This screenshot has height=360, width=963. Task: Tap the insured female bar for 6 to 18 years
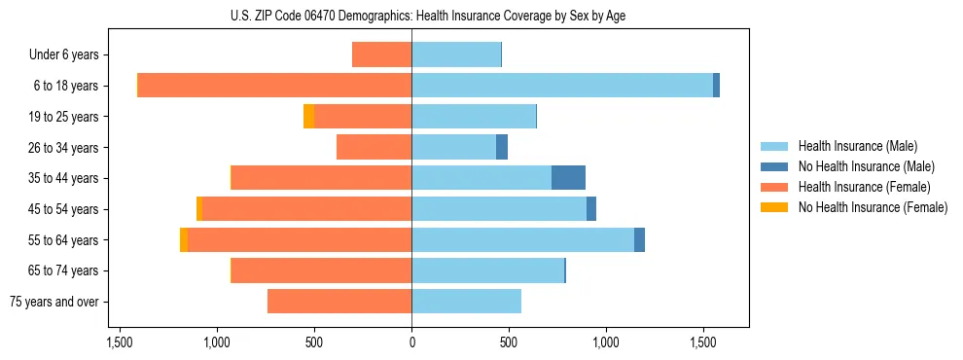[274, 86]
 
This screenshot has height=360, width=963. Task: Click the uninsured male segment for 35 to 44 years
[568, 178]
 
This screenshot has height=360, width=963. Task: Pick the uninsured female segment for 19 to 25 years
[308, 117]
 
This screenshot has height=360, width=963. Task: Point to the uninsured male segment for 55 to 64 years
[639, 239]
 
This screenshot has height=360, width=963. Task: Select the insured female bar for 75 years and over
[339, 302]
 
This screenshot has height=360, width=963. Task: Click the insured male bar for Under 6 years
[456, 54]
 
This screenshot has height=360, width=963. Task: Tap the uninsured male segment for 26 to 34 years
[502, 147]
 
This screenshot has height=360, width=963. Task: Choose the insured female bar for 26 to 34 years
[374, 147]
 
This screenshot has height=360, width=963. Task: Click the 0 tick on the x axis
[411, 343]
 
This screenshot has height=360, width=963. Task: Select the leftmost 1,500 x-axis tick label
[120, 343]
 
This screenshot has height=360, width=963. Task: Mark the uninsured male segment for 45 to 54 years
[591, 209]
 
